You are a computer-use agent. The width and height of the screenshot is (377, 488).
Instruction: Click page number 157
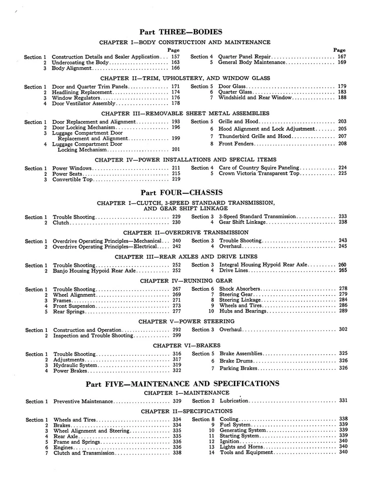(175, 57)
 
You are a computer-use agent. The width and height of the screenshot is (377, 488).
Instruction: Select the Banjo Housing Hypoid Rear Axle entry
(94, 271)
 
